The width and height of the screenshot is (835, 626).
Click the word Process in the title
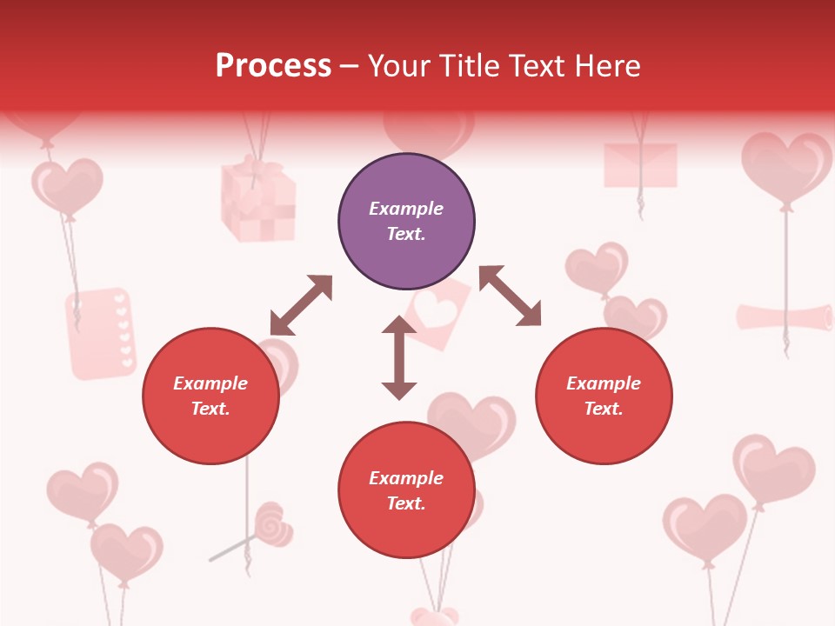273,66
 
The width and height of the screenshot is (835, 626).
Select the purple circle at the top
406,222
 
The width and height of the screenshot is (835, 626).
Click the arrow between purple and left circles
301,305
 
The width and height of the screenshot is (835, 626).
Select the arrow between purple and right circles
510,296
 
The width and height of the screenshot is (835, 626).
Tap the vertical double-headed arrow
399,358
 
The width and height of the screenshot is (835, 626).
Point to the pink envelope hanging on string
640,164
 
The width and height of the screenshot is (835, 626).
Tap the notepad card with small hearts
101,334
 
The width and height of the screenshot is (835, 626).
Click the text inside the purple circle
406,221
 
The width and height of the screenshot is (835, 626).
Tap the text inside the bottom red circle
406,490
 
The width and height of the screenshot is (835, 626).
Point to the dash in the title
349,66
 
